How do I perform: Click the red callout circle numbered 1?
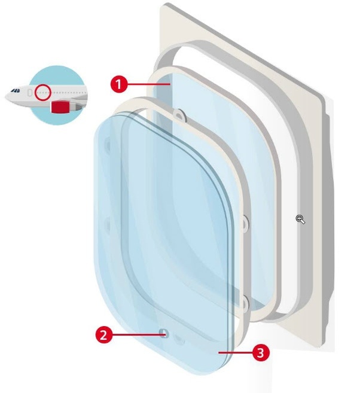(119, 84)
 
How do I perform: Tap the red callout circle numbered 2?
(104, 335)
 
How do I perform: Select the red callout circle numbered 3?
(261, 353)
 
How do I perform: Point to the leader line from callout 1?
(148, 84)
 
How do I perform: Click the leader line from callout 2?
(138, 334)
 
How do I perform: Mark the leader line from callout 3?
(236, 353)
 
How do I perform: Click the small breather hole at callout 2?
(164, 334)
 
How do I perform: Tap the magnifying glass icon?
(300, 220)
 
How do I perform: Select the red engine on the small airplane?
(60, 107)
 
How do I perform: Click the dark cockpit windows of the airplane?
(16, 90)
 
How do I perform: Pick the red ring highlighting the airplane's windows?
(43, 93)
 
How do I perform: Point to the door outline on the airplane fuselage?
(30, 93)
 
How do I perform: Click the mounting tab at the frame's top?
(179, 115)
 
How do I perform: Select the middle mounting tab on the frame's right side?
(244, 223)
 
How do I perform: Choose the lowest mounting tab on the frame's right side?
(244, 304)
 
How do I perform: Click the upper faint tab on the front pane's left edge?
(108, 145)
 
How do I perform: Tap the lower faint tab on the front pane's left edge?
(108, 225)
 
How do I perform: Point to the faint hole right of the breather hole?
(179, 340)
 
